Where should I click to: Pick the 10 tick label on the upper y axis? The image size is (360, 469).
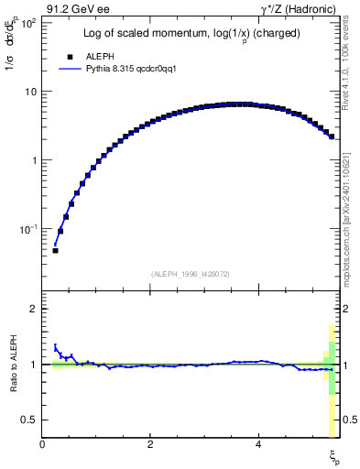tap(29, 92)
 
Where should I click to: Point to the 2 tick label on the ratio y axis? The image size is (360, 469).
tap(33, 309)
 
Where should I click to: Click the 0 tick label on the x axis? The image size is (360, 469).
tap(42, 444)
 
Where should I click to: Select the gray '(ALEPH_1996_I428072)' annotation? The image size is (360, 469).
tap(191, 274)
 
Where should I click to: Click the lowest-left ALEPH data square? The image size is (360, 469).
tap(55, 250)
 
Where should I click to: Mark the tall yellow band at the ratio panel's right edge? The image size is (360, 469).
tap(332, 394)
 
